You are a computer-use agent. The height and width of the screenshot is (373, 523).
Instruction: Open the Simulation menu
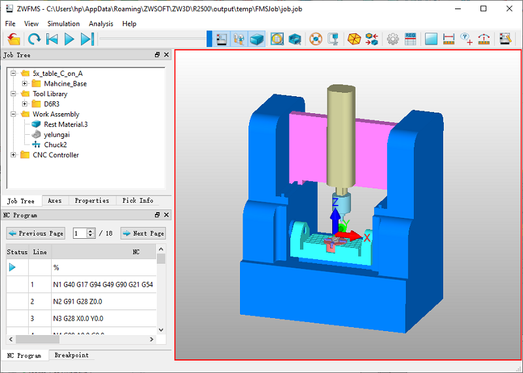pyautogui.click(x=63, y=24)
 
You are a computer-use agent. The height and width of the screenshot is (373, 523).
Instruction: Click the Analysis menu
pyautogui.click(x=101, y=24)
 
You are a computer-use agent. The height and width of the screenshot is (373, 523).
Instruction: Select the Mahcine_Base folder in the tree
pyautogui.click(x=65, y=84)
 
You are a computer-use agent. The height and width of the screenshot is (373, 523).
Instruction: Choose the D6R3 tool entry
pyautogui.click(x=52, y=104)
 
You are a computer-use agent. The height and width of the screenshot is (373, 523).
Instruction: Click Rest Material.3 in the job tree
pyautogui.click(x=66, y=124)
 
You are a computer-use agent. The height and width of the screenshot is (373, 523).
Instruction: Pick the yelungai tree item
pyautogui.click(x=57, y=135)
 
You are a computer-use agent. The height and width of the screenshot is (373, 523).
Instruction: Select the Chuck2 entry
pyautogui.click(x=56, y=145)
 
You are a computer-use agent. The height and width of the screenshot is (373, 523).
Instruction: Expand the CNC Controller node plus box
pyautogui.click(x=13, y=154)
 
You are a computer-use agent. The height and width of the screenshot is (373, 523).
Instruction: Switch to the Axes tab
pyautogui.click(x=55, y=200)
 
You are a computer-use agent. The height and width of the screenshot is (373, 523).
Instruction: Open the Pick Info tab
pyautogui.click(x=138, y=200)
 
